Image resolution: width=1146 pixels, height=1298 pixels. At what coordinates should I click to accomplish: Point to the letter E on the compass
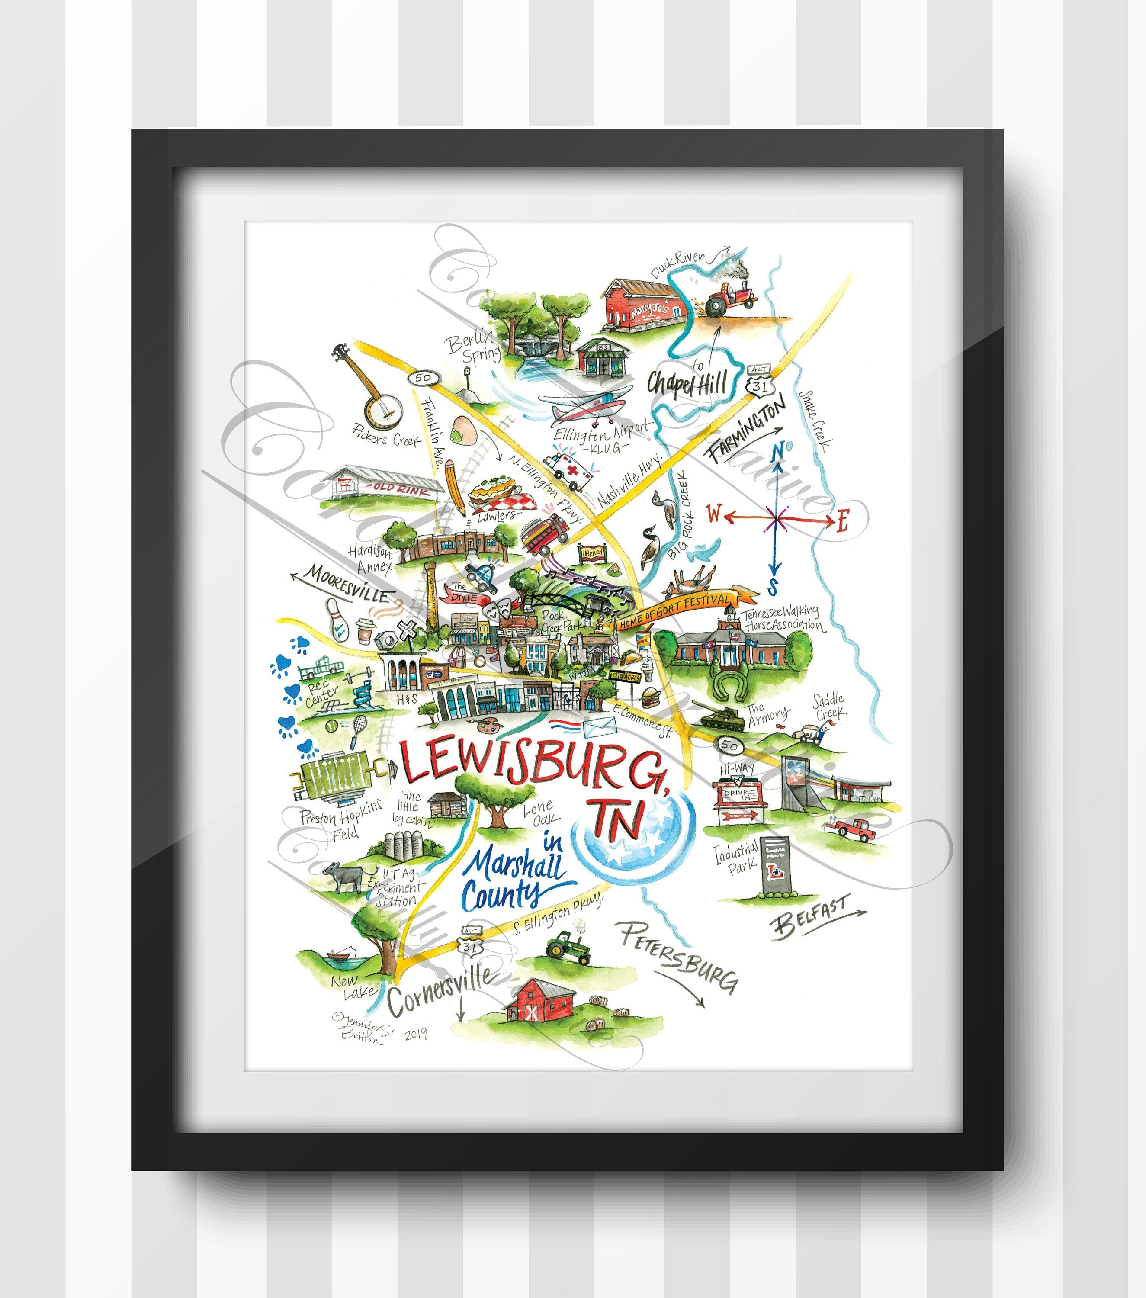[842, 521]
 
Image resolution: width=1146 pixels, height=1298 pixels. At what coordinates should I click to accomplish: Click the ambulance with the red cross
[568, 471]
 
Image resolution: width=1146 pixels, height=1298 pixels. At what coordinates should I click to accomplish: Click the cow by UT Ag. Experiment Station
[342, 878]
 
